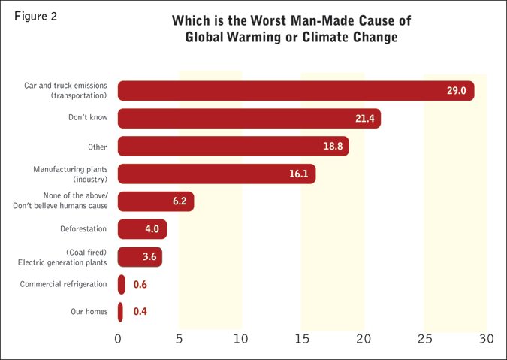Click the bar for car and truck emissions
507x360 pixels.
tap(293, 91)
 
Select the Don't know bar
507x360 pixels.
tap(248, 119)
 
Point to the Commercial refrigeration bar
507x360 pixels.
tap(122, 285)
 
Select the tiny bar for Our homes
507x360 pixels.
tap(120, 312)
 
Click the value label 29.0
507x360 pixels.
tap(457, 91)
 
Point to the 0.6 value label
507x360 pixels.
tap(140, 285)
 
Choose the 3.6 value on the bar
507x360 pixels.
tap(149, 257)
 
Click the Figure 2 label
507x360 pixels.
tap(35, 16)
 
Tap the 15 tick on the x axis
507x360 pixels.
tap(302, 339)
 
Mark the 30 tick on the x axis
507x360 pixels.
tap(486, 339)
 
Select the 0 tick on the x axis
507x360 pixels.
tap(118, 339)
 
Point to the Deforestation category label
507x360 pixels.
tap(83, 229)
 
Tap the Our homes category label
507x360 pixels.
tap(89, 312)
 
